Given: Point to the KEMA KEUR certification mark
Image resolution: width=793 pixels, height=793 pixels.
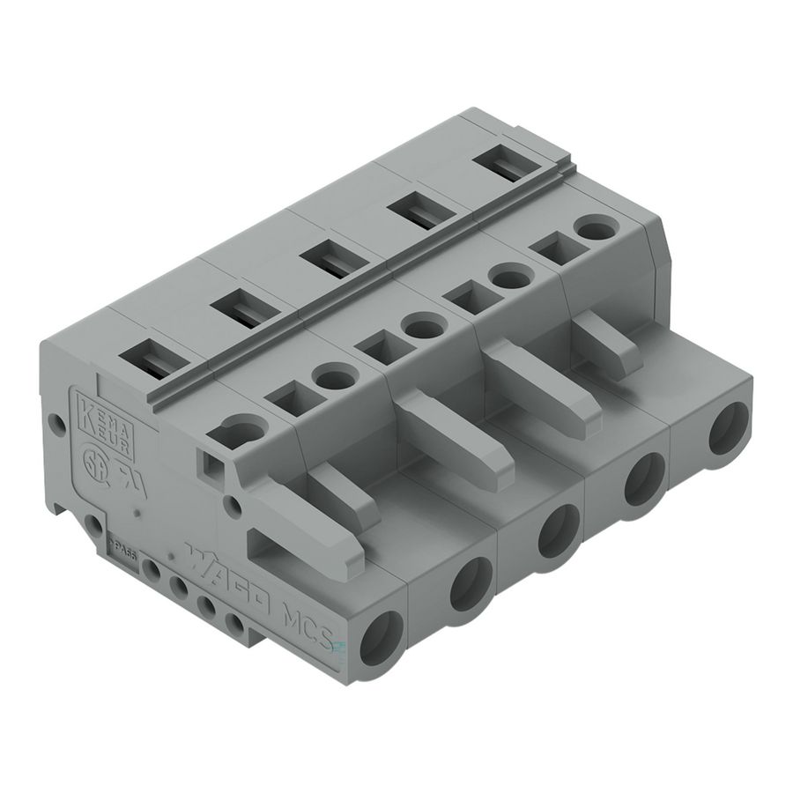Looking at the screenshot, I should tap(107, 424).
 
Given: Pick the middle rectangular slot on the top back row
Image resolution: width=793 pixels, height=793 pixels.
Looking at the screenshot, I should tap(329, 262).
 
